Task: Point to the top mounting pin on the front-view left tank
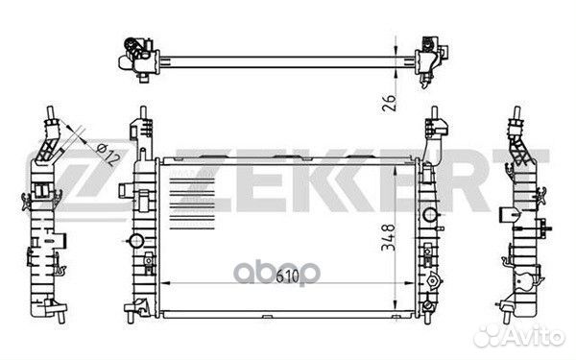[x=140, y=125]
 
